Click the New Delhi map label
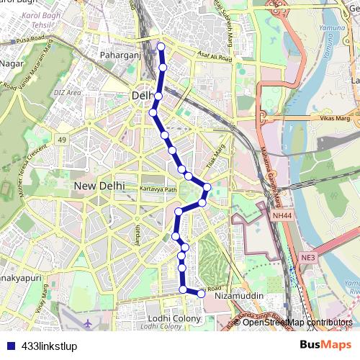coord(99,186)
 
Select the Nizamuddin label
coord(240,296)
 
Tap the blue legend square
coord(9,346)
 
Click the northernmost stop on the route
coord(161,47)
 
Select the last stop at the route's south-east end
coord(202,292)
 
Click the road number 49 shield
coord(63,140)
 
